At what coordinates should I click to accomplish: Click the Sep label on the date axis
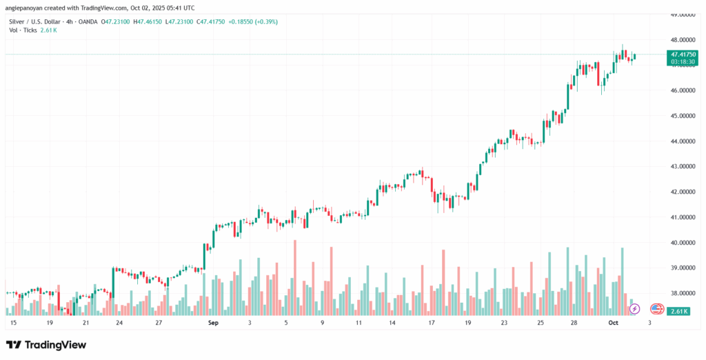pos(213,322)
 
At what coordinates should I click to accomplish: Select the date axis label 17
pos(432,322)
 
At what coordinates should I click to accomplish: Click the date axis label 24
pos(119,322)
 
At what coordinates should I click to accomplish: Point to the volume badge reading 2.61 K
pos(680,312)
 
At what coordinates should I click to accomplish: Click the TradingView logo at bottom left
pos(46,344)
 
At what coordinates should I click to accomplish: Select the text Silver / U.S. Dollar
pos(34,21)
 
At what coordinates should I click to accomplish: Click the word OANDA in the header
pos(87,21)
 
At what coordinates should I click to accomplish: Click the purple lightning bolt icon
pos(635,308)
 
